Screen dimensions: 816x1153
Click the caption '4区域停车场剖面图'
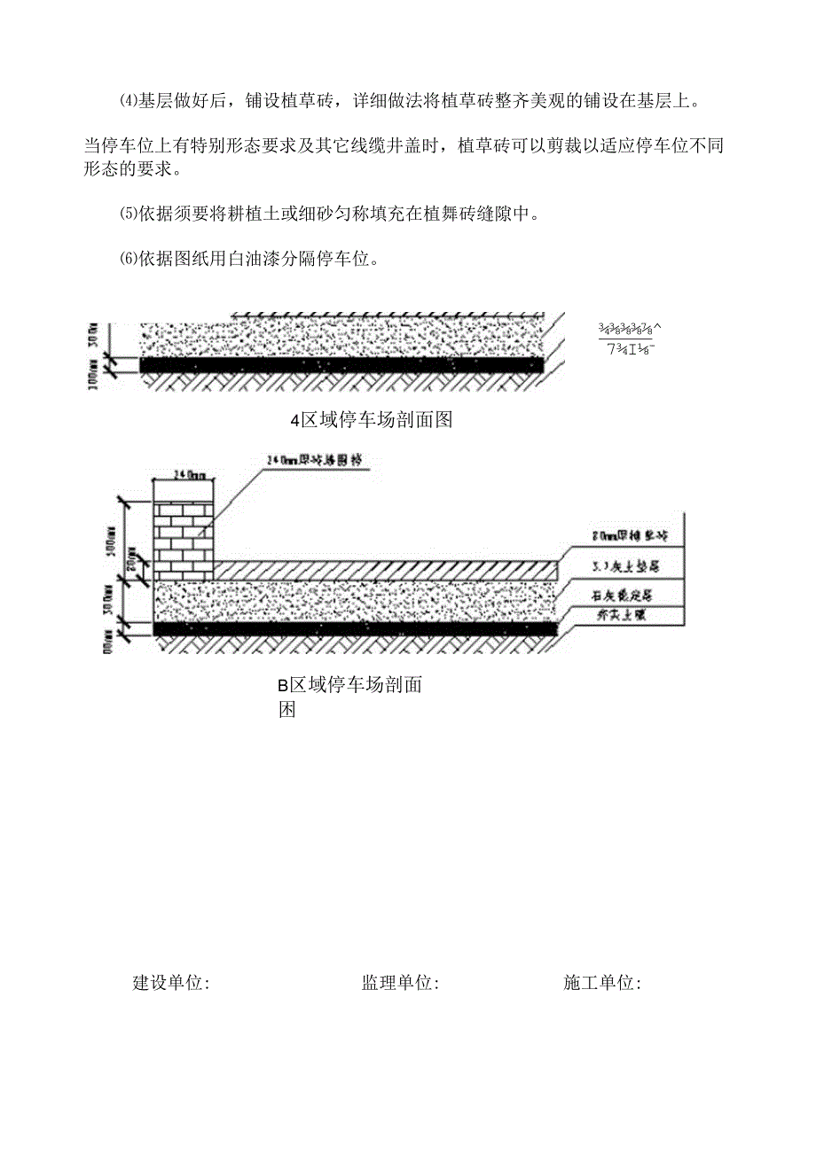pos(372,420)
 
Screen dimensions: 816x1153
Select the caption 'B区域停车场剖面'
pos(349,684)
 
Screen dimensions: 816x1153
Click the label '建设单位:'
pos(170,983)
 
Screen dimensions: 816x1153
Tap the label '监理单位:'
pos(400,983)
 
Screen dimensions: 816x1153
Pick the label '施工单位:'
pos(602,983)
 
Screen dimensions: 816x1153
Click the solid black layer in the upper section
pos(341,364)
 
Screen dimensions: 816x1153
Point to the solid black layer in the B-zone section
pos(355,628)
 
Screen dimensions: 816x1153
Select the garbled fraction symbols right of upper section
pos(631,338)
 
